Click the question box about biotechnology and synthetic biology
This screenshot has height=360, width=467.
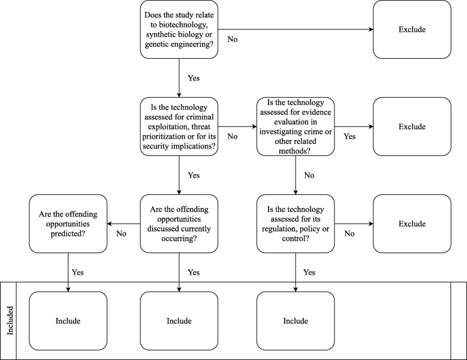pyautogui.click(x=179, y=29)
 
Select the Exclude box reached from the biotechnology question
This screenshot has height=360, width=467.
pyautogui.click(x=411, y=29)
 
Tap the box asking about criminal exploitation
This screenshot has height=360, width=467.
pyautogui.click(x=179, y=127)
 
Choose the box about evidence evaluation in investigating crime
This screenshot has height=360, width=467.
pyautogui.click(x=296, y=127)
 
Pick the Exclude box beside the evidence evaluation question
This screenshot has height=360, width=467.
pyautogui.click(x=411, y=127)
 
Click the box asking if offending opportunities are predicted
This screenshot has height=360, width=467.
pyautogui.click(x=68, y=224)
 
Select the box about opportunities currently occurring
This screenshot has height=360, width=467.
pyautogui.click(x=179, y=224)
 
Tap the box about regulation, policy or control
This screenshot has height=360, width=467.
pyautogui.click(x=296, y=224)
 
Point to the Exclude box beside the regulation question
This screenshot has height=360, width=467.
pyautogui.click(x=411, y=224)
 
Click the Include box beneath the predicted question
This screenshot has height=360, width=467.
pyautogui.click(x=68, y=321)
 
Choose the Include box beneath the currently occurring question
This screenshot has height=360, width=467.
pyautogui.click(x=179, y=321)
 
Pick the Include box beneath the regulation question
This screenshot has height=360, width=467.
pyautogui.click(x=296, y=321)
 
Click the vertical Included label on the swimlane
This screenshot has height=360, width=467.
pyautogui.click(x=9, y=321)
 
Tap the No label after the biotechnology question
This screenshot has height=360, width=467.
pyautogui.click(x=233, y=40)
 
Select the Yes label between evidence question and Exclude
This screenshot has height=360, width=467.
pyautogui.click(x=349, y=137)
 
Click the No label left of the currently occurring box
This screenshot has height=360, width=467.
pyautogui.click(x=121, y=234)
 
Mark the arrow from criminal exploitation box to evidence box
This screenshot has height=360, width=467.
pyautogui.click(x=237, y=127)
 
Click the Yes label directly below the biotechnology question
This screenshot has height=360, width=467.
pyautogui.click(x=193, y=78)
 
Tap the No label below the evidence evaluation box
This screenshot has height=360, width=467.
pyautogui.click(x=309, y=175)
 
